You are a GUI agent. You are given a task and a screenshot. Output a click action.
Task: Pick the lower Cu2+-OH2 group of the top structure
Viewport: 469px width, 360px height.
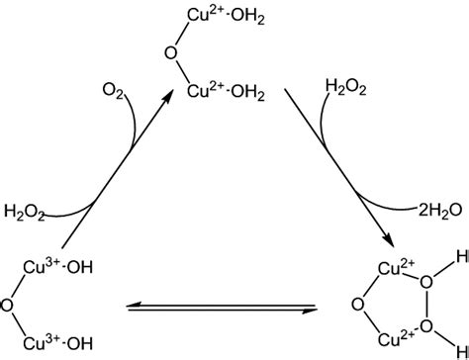point(223,92)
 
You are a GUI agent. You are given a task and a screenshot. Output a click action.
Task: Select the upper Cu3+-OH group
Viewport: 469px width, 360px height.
point(53,268)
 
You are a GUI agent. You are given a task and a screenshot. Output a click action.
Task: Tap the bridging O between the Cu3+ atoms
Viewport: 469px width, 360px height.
point(8,307)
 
